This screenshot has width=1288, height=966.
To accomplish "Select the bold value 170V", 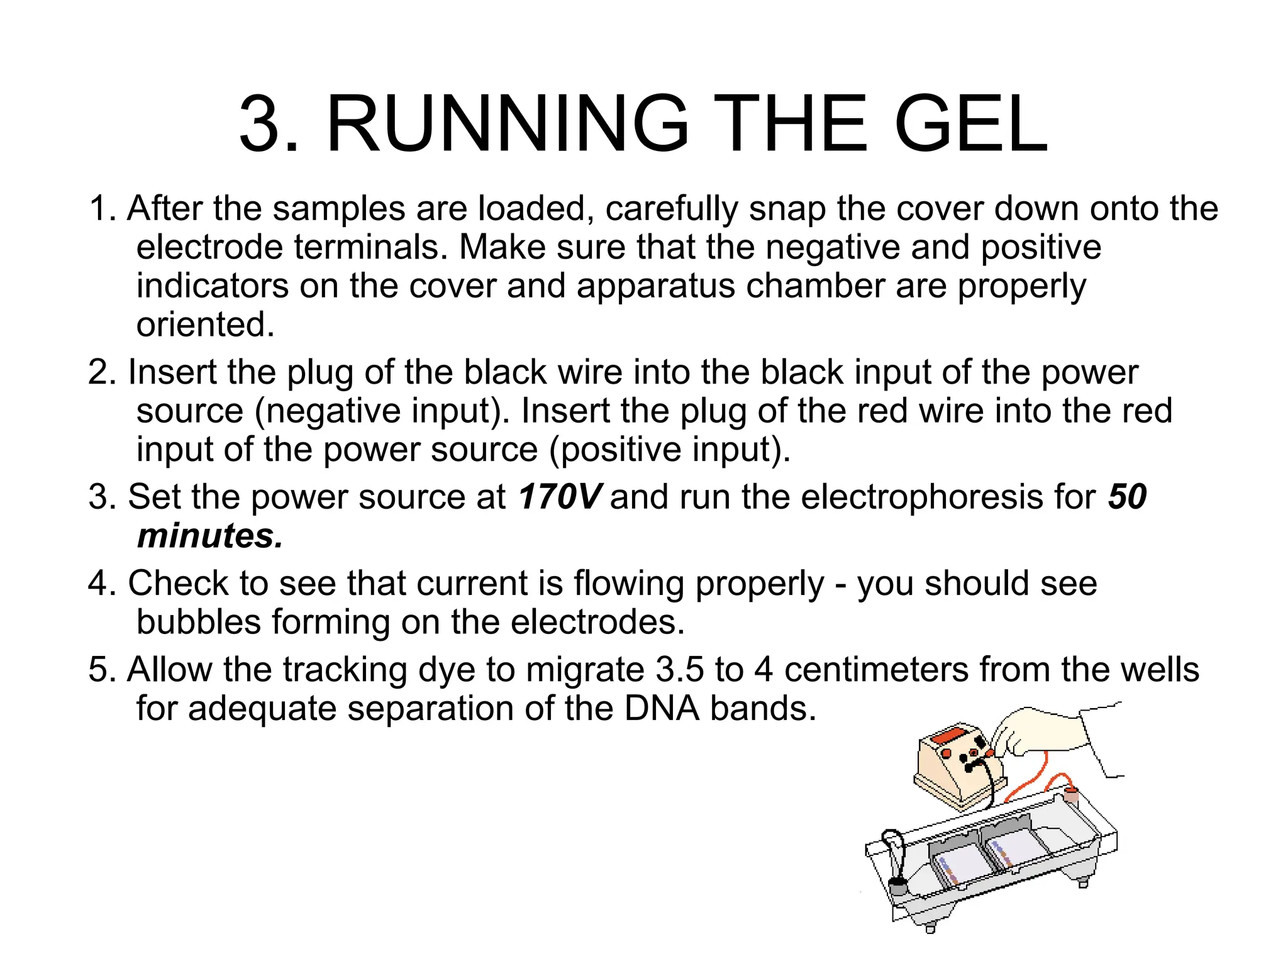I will point(560,497).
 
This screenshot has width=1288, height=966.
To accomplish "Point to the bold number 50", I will point(1128,497).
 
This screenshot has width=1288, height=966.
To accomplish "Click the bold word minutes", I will point(210,536).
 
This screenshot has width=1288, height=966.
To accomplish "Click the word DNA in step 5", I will point(662,708).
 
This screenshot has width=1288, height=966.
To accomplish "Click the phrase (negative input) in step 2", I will point(382,411).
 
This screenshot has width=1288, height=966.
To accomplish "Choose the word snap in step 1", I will point(787,209).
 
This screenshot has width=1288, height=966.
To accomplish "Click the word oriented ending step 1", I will point(205,325).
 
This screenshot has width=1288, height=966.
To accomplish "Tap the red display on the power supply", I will point(950,736).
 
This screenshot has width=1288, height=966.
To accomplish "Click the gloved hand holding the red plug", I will point(1044,733).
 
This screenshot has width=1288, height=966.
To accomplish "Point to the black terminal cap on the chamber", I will point(897,887).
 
